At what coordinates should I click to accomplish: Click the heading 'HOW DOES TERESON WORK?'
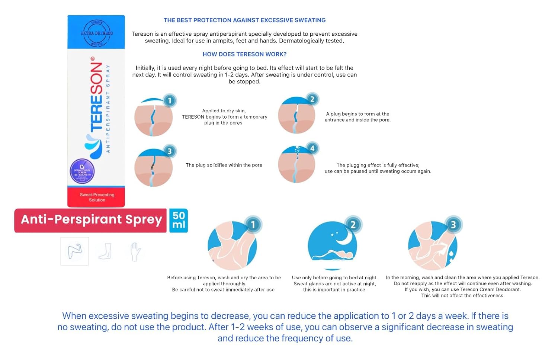tap(244, 54)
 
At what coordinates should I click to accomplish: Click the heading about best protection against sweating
tap(244, 20)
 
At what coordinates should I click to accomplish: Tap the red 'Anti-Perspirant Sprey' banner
tap(91, 220)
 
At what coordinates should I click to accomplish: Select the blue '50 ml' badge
tap(179, 221)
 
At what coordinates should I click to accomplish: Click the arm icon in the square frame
tap(74, 251)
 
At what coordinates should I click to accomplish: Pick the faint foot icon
tap(105, 251)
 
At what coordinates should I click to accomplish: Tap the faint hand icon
tap(135, 251)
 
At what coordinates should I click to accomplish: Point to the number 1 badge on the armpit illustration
tap(253, 225)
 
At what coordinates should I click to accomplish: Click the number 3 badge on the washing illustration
tap(453, 225)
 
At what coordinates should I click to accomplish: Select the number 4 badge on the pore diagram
tap(312, 148)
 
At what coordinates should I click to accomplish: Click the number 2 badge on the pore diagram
tap(312, 99)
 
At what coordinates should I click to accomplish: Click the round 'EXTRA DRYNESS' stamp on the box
tap(97, 33)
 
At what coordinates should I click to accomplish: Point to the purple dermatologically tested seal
tap(82, 171)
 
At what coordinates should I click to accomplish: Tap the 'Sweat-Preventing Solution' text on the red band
tap(97, 197)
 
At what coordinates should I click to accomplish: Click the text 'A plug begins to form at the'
tap(357, 114)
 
